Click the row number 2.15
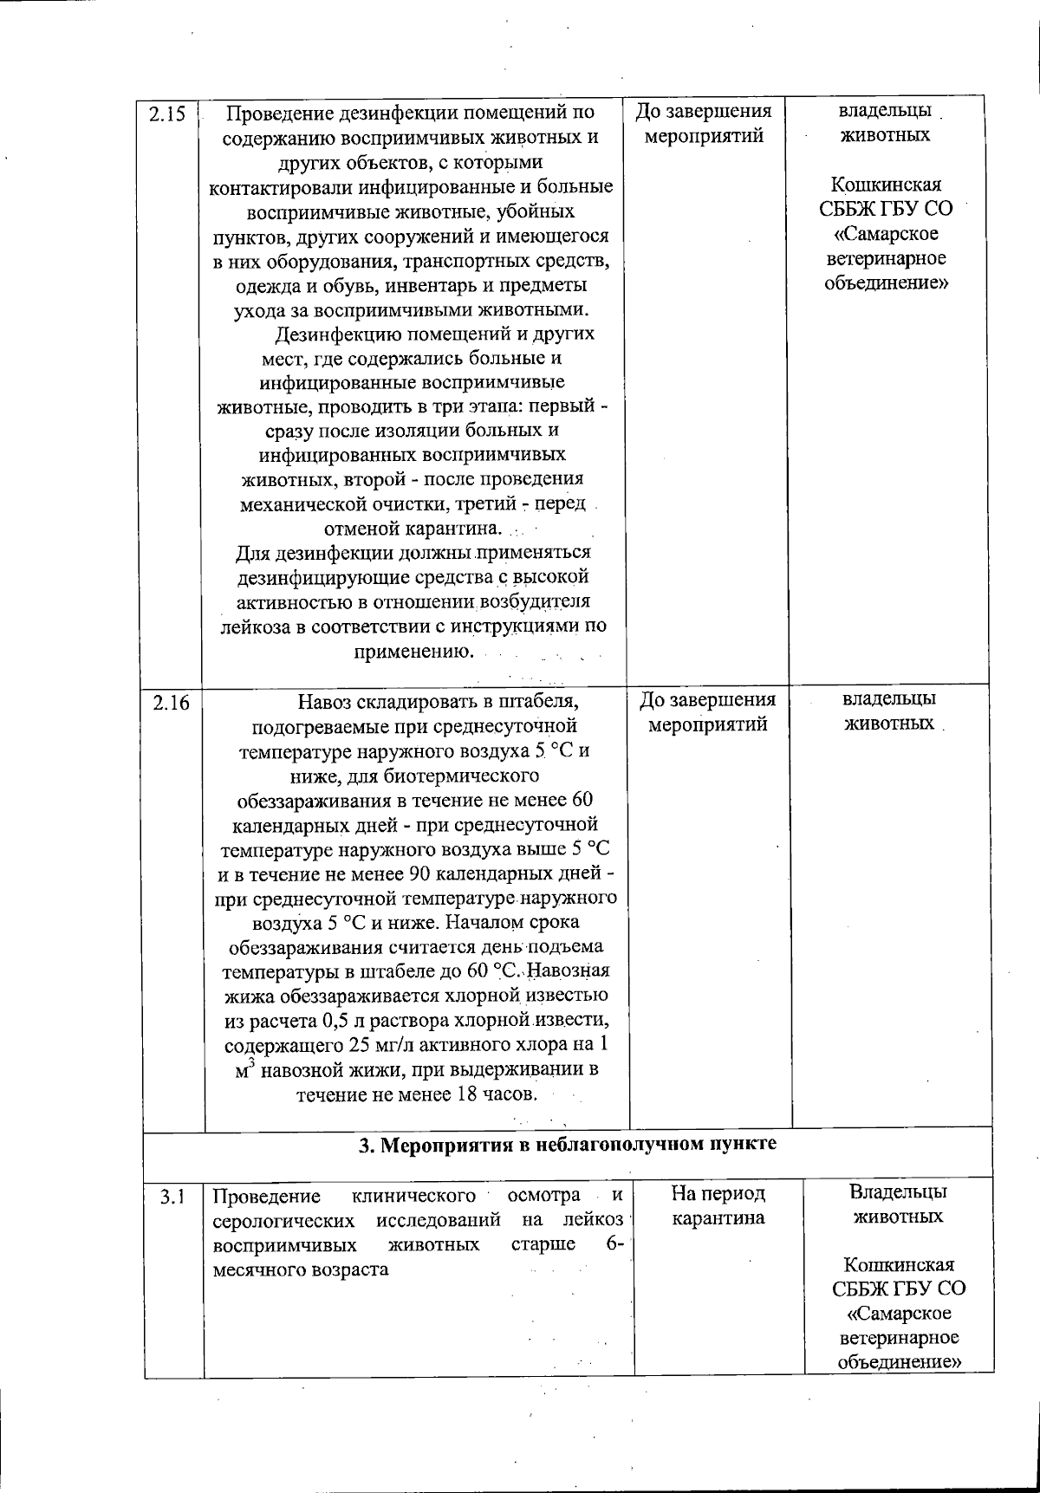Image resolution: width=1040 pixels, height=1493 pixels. (x=168, y=114)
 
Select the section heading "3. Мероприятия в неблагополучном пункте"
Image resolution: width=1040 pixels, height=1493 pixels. (x=568, y=1144)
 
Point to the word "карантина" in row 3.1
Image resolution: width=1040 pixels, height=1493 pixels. (x=718, y=1218)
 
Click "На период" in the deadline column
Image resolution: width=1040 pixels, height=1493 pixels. (x=718, y=1194)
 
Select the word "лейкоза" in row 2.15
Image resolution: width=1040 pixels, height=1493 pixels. (x=255, y=626)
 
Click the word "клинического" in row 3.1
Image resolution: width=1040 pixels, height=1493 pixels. (x=414, y=1197)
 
